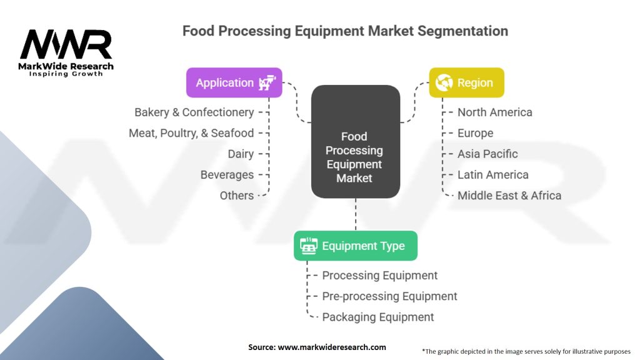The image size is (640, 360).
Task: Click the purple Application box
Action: click(234, 82)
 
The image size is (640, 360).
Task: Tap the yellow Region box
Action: click(466, 82)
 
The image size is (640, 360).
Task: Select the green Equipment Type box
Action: click(355, 246)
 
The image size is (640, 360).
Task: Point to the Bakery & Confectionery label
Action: click(194, 112)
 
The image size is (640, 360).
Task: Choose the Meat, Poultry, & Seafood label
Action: click(191, 133)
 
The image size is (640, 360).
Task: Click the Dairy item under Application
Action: click(241, 154)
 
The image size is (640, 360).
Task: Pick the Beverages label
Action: click(227, 175)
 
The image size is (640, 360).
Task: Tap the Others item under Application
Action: click(236, 196)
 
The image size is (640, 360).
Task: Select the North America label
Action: click(495, 112)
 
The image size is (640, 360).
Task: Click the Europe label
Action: click(475, 133)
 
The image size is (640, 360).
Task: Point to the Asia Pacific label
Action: click(487, 154)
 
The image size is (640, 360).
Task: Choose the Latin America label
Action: click(492, 175)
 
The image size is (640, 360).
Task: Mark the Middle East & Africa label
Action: click(509, 196)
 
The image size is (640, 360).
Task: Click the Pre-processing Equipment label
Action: click(389, 296)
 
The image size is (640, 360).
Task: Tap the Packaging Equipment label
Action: click(378, 317)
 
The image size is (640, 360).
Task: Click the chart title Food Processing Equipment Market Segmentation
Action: click(345, 31)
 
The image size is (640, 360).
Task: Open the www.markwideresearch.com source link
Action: click(331, 347)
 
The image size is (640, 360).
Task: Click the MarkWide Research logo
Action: click(66, 52)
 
